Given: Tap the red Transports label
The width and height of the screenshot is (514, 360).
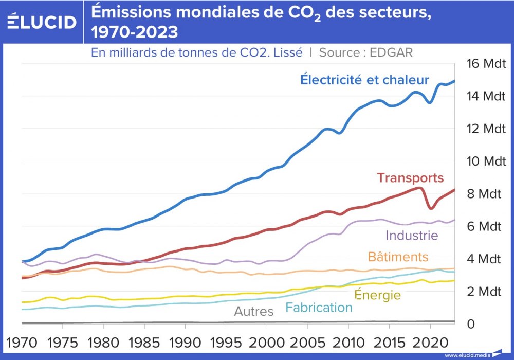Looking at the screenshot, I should click(410, 178).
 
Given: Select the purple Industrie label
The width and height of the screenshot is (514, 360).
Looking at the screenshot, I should click(412, 236).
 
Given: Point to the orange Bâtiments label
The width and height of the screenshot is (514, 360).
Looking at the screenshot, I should click(398, 257).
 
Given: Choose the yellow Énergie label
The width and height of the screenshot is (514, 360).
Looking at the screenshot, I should click(377, 295).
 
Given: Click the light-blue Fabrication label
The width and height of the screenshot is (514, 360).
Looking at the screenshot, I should click(319, 308).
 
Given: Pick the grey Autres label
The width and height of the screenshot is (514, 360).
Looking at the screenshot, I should click(254, 311).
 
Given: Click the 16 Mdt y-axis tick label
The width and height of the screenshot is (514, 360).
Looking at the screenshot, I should click(486, 64).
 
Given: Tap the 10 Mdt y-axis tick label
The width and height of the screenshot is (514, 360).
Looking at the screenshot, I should click(486, 161).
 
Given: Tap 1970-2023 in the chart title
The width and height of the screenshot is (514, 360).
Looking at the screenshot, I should click(135, 32).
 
